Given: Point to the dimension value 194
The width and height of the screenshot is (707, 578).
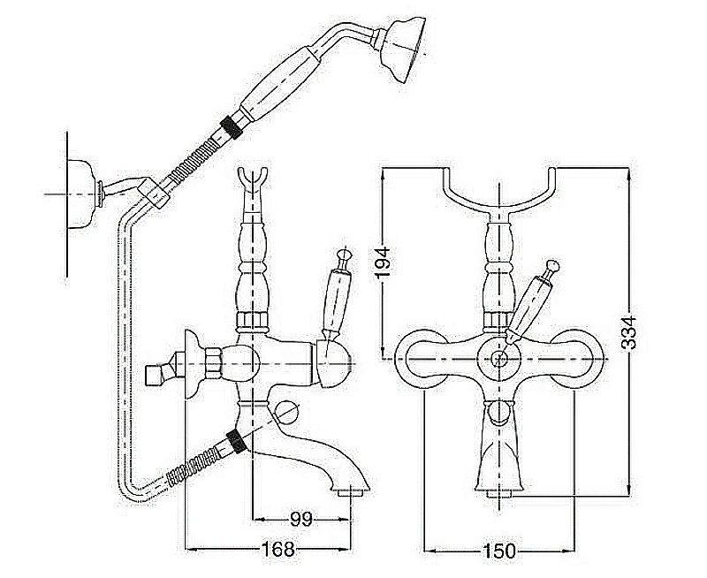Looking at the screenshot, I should click(383, 262).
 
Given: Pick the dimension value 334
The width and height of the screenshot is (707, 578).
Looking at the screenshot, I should click(629, 333).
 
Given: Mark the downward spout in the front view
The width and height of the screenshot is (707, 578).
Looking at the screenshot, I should click(500, 451).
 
